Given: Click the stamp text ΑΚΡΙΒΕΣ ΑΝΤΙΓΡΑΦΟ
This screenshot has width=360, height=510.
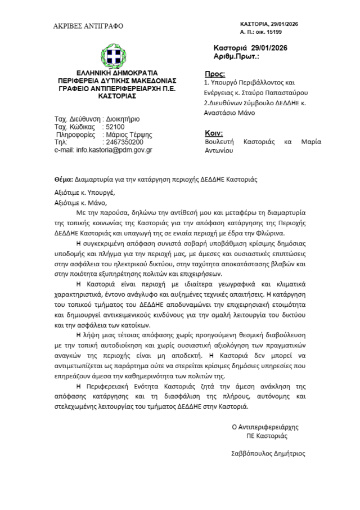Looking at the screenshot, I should pyautogui.click(x=88, y=26).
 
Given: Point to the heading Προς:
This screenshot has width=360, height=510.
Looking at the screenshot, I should pyautogui.click(x=215, y=74).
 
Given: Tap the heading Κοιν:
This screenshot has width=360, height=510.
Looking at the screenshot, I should pyautogui.click(x=214, y=133).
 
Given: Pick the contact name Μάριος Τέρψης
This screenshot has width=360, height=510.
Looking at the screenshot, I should pyautogui.click(x=130, y=135).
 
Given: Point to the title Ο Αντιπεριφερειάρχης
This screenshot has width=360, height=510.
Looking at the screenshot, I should pyautogui.click(x=265, y=427).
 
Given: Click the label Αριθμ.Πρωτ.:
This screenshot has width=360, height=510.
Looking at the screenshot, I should pyautogui.click(x=236, y=57).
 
